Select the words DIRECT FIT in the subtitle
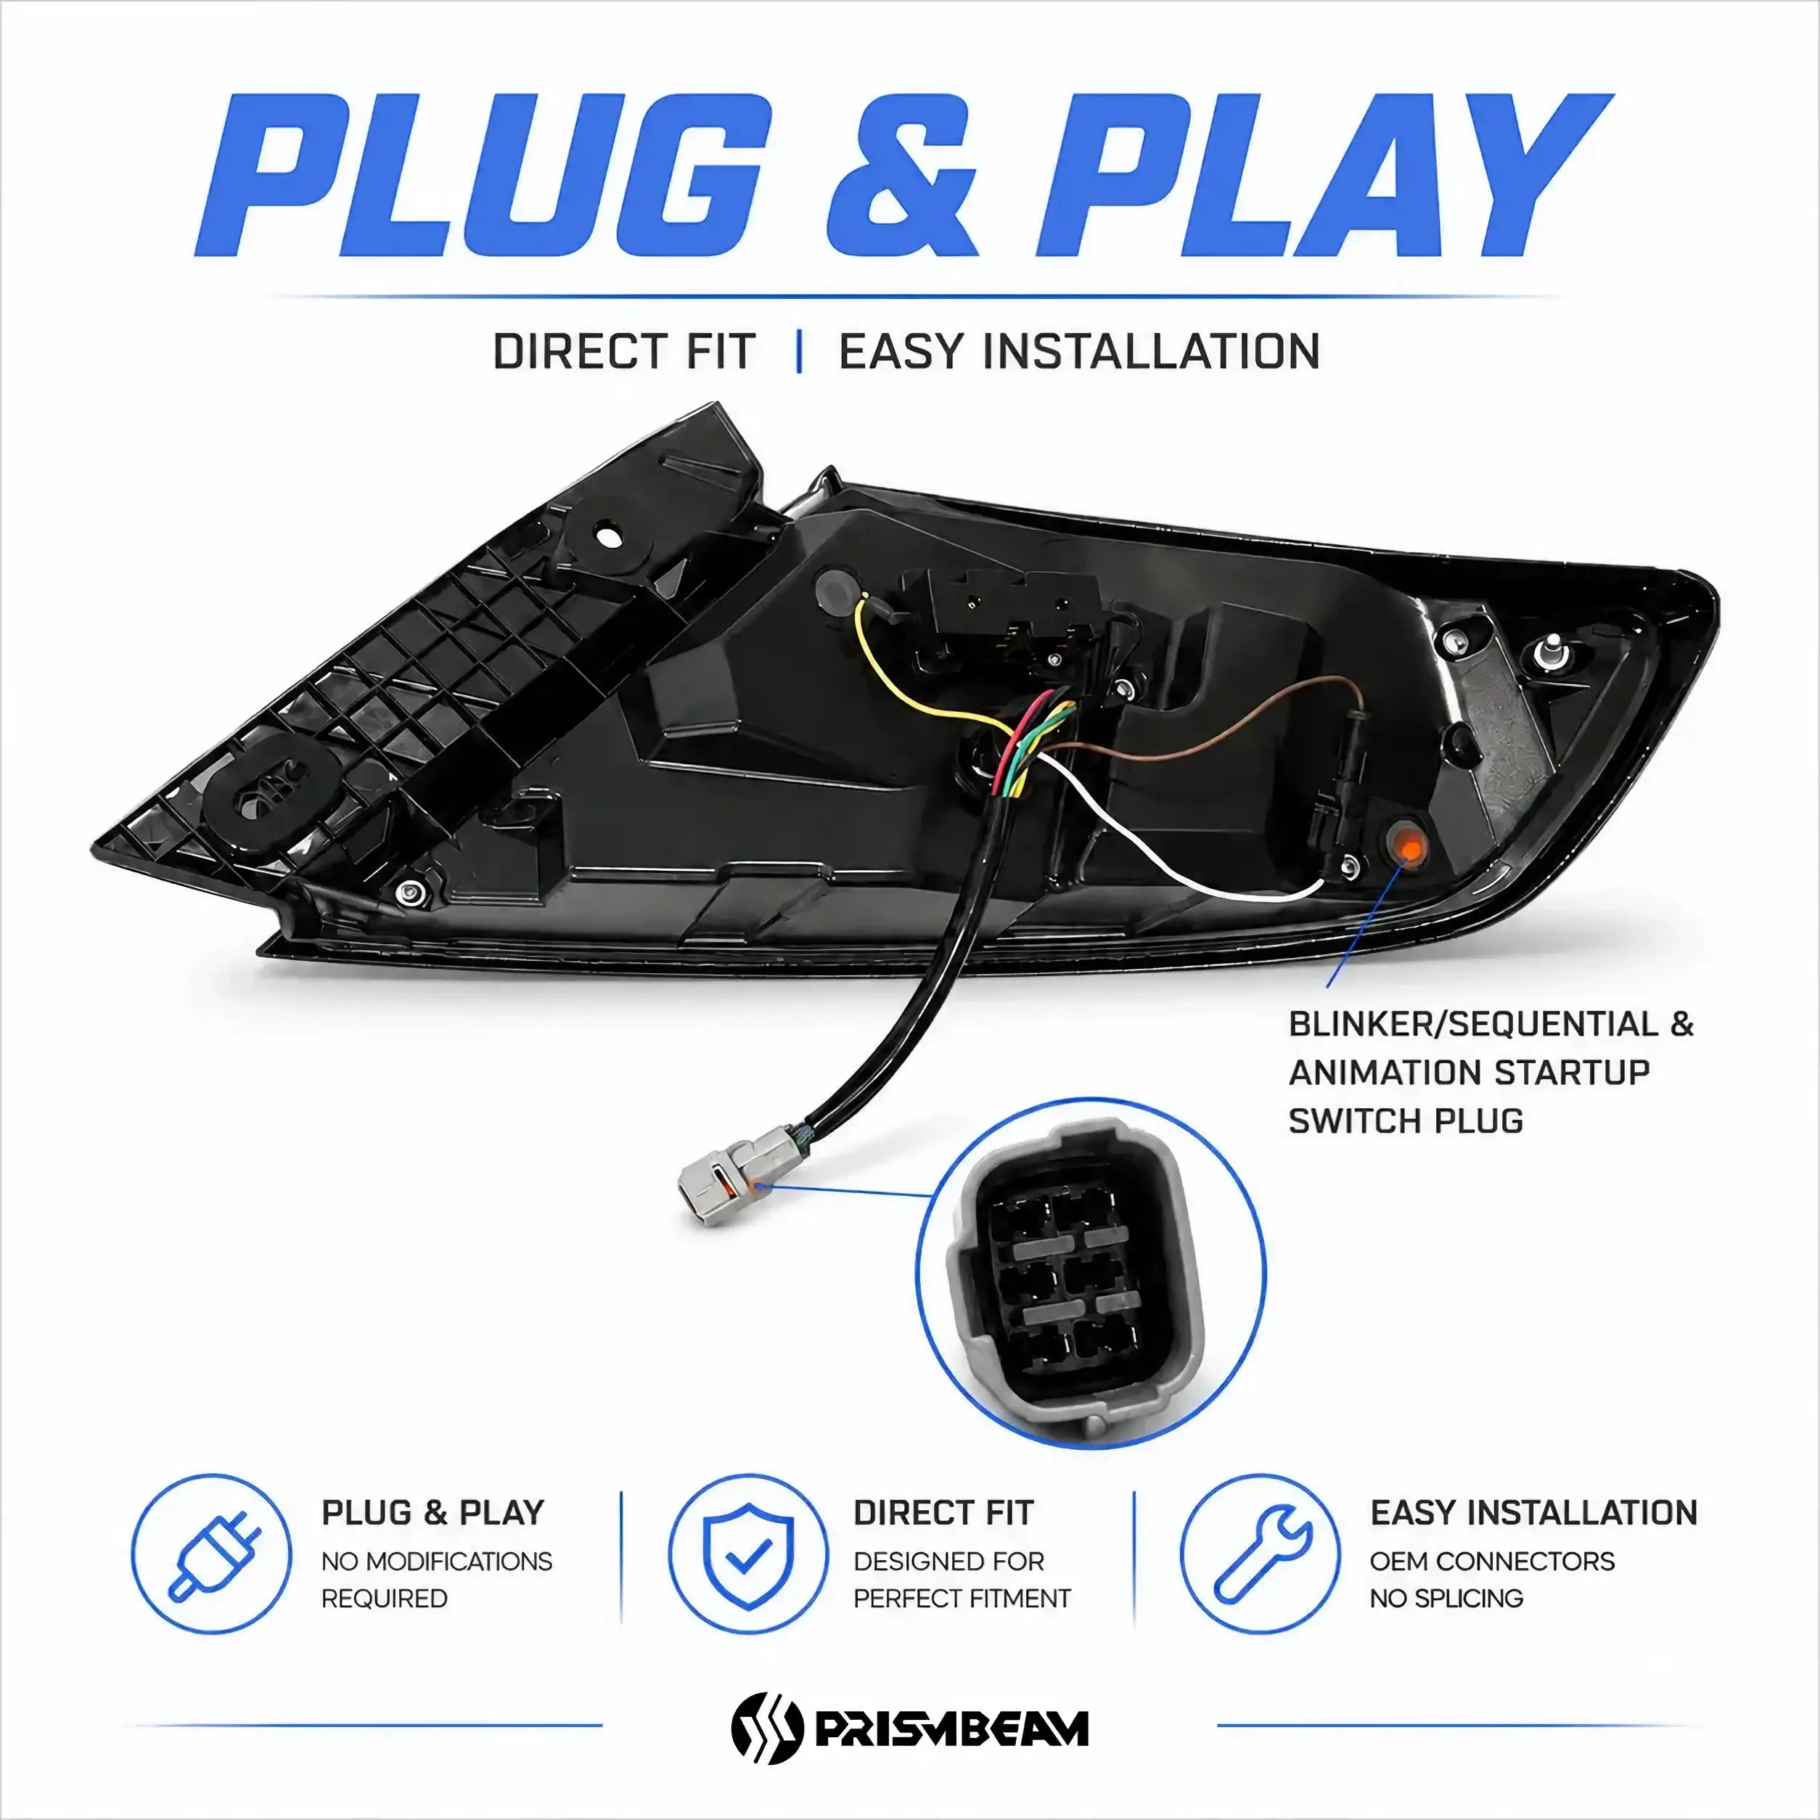pyautogui.click(x=623, y=353)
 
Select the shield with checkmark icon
pyautogui.click(x=749, y=1554)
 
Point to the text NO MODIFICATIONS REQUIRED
pyautogui.click(x=437, y=1580)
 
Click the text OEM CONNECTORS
pyautogui.click(x=1492, y=1561)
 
